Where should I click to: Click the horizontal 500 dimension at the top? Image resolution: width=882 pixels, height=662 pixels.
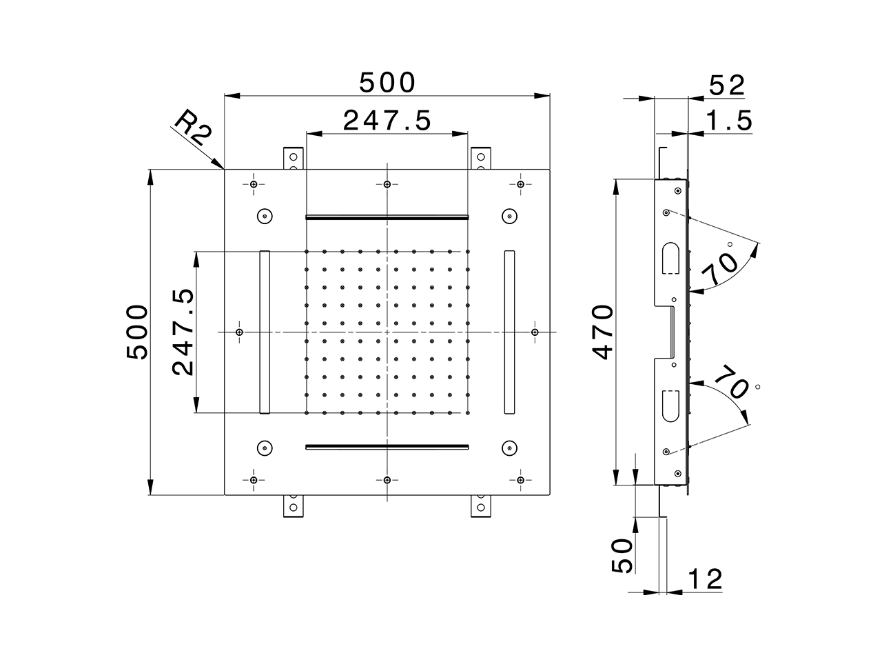click(387, 82)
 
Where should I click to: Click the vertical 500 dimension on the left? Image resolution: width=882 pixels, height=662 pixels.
click(137, 332)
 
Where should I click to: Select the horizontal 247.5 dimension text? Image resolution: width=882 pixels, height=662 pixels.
click(387, 121)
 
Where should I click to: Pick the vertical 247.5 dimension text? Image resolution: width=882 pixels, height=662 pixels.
click(183, 332)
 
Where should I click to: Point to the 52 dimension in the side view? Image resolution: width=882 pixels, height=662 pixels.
click(726, 86)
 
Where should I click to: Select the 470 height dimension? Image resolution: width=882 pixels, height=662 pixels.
click(602, 332)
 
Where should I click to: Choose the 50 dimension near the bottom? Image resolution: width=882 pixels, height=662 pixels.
click(622, 555)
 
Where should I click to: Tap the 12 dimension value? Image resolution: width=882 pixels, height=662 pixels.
click(704, 579)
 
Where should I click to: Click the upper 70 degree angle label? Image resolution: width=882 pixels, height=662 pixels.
click(719, 269)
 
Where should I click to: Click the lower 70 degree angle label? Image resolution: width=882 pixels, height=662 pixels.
click(731, 384)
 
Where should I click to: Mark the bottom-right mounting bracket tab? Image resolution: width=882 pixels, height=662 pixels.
click(480, 506)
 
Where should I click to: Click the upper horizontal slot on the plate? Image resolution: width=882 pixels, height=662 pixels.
click(387, 217)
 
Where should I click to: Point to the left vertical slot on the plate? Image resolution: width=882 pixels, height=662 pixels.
click(265, 332)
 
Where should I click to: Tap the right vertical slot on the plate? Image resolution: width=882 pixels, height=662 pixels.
click(509, 332)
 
